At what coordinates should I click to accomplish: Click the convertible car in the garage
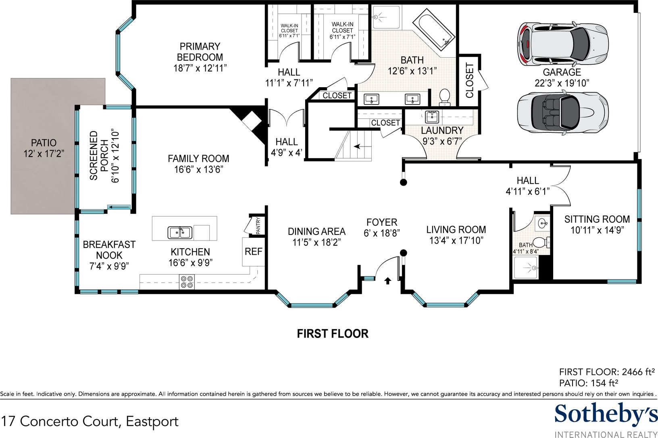[x=562, y=113]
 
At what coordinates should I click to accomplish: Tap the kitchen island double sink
[x=180, y=233]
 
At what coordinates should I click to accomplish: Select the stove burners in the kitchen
[x=187, y=281]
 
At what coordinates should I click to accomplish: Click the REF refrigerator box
[x=254, y=252]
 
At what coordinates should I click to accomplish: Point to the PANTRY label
[x=258, y=226]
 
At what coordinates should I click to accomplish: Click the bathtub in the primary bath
[x=434, y=29]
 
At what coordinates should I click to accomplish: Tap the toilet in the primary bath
[x=445, y=97]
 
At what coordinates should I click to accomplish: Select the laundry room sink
[x=432, y=117]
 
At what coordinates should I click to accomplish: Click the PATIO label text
[x=44, y=143]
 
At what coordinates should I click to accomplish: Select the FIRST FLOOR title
[x=333, y=334]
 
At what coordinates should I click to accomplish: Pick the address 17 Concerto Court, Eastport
[x=90, y=421]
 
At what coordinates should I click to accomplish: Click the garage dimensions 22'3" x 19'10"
[x=562, y=83]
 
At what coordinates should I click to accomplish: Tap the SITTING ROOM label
[x=597, y=220]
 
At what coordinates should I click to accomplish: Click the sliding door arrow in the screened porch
[x=119, y=207]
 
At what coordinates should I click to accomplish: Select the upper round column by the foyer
[x=404, y=182]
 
